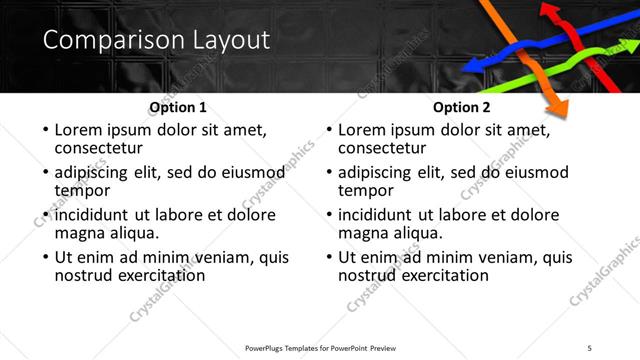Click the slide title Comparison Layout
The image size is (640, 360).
point(156,41)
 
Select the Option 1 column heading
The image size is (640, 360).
point(178,108)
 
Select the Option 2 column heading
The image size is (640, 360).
point(462,108)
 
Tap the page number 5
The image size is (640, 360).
point(589,347)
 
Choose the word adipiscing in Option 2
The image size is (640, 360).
point(375,173)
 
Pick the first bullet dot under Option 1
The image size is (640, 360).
point(43,131)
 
